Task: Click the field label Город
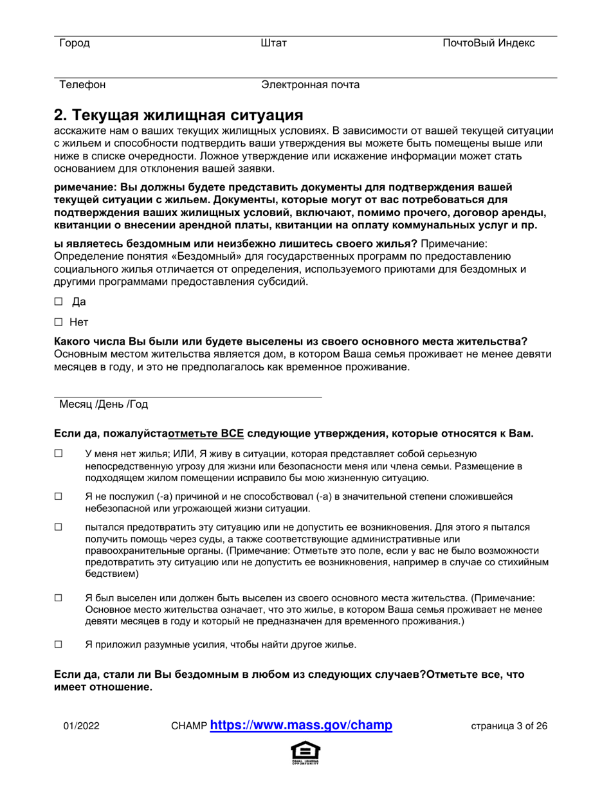(74, 43)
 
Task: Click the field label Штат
(275, 43)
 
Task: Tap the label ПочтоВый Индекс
(488, 43)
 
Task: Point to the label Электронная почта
(310, 84)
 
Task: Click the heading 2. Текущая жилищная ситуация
(178, 115)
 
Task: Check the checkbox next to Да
(58, 301)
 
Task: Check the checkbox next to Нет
(58, 322)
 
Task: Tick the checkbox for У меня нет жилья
(58, 454)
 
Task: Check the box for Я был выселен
(58, 598)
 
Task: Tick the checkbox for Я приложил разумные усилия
(58, 644)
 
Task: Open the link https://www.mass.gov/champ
(301, 725)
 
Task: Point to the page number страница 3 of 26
(509, 727)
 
